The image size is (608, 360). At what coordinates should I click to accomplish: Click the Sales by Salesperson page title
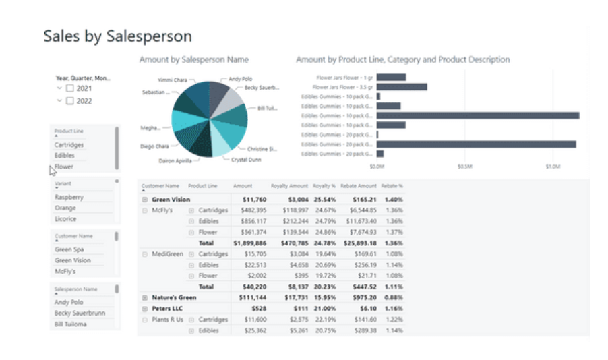coord(118,36)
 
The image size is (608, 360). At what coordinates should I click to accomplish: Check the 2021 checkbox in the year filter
coord(69,88)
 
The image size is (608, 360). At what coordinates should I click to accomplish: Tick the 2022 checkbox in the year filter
coord(69,101)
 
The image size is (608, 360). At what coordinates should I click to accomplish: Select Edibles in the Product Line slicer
coord(65,156)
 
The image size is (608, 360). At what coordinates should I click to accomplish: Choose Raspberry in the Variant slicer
coord(69,198)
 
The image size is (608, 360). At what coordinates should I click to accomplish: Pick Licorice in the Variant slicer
coord(65,219)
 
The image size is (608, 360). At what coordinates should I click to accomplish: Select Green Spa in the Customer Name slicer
coord(69,249)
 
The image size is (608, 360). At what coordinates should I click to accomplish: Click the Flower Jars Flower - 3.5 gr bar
coord(402,86)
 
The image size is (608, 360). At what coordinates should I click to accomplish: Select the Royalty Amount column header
coord(289,186)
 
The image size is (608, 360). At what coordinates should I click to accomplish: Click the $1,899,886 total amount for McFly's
coord(249,243)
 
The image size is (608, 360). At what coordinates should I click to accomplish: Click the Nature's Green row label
coord(174,297)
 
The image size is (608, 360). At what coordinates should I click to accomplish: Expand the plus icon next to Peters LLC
coord(144,308)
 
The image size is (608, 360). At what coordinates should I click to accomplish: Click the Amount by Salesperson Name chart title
coord(193,60)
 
